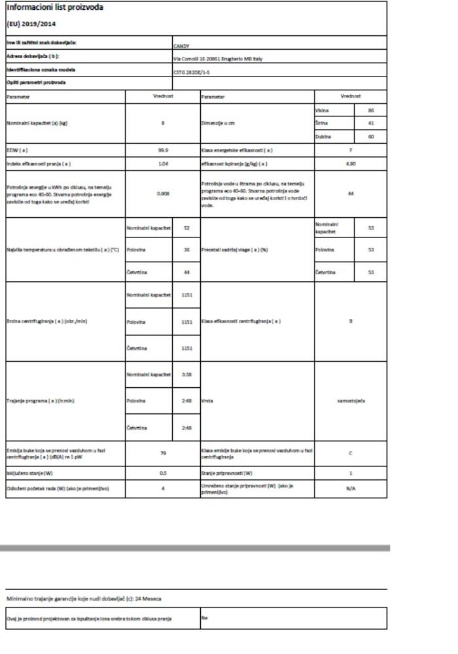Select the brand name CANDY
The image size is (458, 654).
[181, 47]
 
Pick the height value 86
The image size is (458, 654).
[370, 111]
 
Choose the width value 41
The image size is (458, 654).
[370, 123]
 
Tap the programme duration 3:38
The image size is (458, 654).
[186, 373]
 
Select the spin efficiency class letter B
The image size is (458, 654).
[351, 321]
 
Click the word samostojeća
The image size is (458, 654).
[351, 400]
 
